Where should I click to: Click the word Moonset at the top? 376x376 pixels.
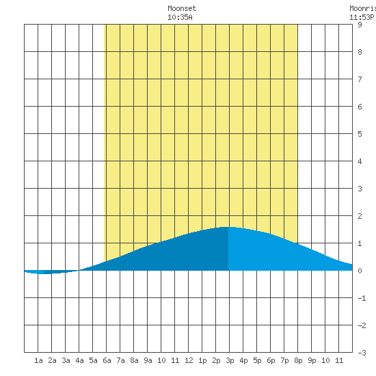182,8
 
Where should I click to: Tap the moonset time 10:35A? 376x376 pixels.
180,17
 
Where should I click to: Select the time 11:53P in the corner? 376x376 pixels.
362,17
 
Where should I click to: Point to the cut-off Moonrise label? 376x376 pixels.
362,8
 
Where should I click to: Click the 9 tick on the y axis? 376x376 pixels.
360,25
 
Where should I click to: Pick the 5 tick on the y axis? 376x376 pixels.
360,134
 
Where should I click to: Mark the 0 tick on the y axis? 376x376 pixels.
360,271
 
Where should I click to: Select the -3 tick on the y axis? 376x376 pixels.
362,353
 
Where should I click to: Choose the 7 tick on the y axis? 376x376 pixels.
360,79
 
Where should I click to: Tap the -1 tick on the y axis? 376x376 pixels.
362,298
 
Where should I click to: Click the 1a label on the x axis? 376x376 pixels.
38,360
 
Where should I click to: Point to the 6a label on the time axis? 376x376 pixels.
107,360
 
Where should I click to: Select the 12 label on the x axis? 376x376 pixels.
189,360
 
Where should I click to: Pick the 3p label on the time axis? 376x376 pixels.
230,360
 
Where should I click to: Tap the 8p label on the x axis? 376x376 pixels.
298,360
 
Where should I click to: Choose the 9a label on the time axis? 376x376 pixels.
148,360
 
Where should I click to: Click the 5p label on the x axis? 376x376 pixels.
257,360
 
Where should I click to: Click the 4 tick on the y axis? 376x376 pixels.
360,161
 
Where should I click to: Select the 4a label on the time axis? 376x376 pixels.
79,360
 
